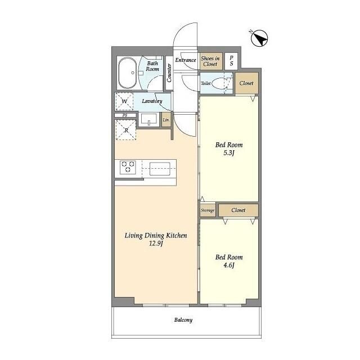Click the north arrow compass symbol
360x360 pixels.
[259, 38]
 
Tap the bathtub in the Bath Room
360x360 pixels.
[127, 73]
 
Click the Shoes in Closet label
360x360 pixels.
[210, 61]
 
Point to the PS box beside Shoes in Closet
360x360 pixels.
[231, 61]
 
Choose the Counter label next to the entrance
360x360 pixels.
[169, 73]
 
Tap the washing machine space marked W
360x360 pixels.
[124, 101]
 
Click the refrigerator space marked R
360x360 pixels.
[126, 130]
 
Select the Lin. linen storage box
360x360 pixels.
[166, 120]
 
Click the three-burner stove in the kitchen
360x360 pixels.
[128, 167]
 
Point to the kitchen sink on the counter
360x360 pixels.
[160, 169]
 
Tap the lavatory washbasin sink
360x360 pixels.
[149, 119]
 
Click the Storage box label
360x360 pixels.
[208, 210]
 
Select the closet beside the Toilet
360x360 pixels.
[246, 83]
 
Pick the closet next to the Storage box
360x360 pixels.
[238, 210]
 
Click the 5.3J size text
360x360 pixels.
[229, 153]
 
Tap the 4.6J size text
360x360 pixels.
[229, 265]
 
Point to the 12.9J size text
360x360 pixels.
[156, 244]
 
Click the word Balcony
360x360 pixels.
[183, 320]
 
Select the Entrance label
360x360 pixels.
[186, 60]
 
